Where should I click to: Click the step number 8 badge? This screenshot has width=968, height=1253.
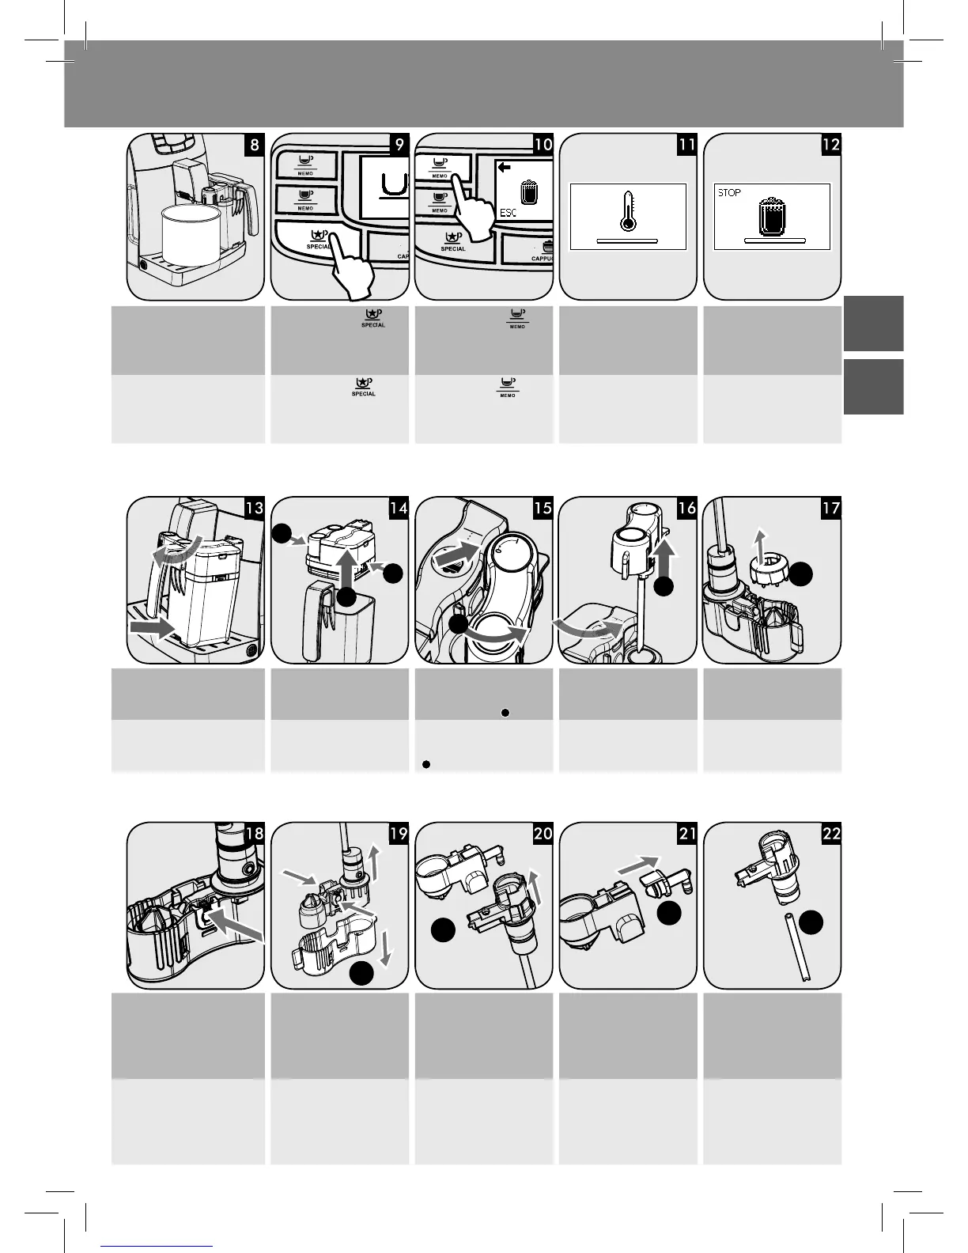click(x=254, y=144)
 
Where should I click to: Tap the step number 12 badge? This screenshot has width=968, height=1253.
click(x=831, y=144)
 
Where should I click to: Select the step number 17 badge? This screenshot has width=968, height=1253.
click(x=831, y=508)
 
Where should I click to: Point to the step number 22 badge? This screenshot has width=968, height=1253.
click(x=831, y=833)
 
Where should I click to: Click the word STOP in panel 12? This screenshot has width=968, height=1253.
click(x=729, y=192)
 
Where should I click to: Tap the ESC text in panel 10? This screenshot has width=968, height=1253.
click(x=508, y=213)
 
